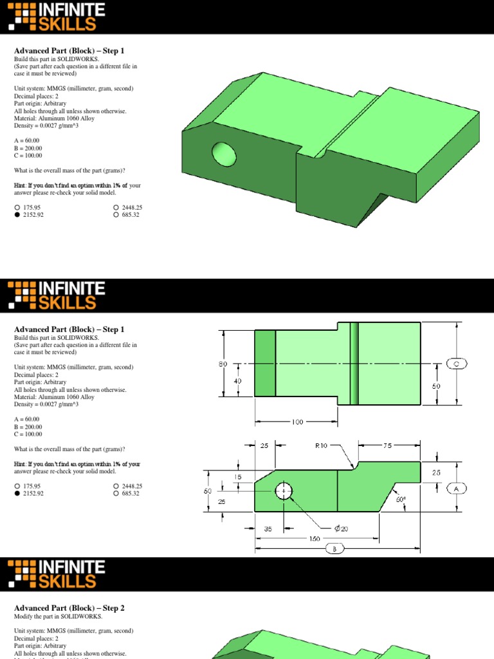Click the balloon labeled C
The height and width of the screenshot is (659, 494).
[456, 364]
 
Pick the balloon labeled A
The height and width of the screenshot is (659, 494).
[456, 488]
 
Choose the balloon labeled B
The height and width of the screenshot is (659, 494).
[334, 549]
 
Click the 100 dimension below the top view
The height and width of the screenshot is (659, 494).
[297, 422]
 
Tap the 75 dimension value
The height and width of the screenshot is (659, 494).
[387, 444]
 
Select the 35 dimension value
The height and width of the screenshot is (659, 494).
[269, 529]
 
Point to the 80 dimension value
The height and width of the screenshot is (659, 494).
[223, 364]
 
